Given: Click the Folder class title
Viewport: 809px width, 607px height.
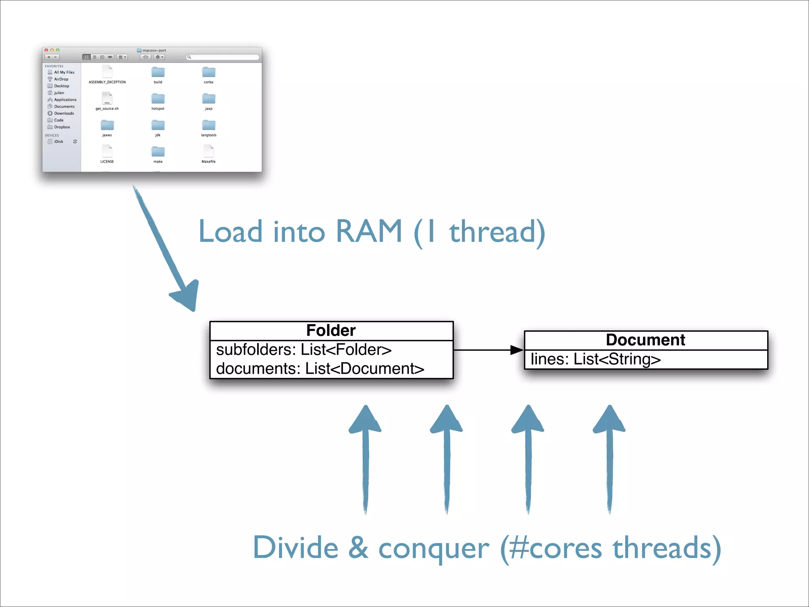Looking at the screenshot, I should point(331,330).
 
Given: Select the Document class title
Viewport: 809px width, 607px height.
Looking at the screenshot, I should point(645,340).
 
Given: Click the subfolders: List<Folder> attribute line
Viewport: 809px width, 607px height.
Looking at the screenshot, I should point(303,350).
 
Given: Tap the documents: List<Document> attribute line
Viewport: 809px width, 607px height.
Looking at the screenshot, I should point(320,369).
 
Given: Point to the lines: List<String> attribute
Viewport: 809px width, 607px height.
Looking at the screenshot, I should point(595,359).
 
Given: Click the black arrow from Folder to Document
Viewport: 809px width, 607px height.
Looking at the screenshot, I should point(488,350).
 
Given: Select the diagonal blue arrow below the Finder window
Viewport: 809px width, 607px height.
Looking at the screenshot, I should point(166,249).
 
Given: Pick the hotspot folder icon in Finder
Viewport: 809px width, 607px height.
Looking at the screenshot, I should point(158,98).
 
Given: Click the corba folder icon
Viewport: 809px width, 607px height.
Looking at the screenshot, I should point(209,72).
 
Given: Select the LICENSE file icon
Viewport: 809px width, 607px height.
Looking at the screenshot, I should point(107,151).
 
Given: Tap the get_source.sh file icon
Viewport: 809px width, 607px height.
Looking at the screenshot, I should point(107,98).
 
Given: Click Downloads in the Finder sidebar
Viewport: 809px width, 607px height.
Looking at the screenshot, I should point(64,113).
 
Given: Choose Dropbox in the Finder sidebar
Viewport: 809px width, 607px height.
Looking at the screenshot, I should point(62,127).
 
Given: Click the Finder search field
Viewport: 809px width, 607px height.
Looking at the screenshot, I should point(223,57).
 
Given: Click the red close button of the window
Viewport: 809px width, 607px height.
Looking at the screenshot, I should point(46,50).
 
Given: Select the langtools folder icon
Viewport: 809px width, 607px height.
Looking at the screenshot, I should point(209,125).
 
